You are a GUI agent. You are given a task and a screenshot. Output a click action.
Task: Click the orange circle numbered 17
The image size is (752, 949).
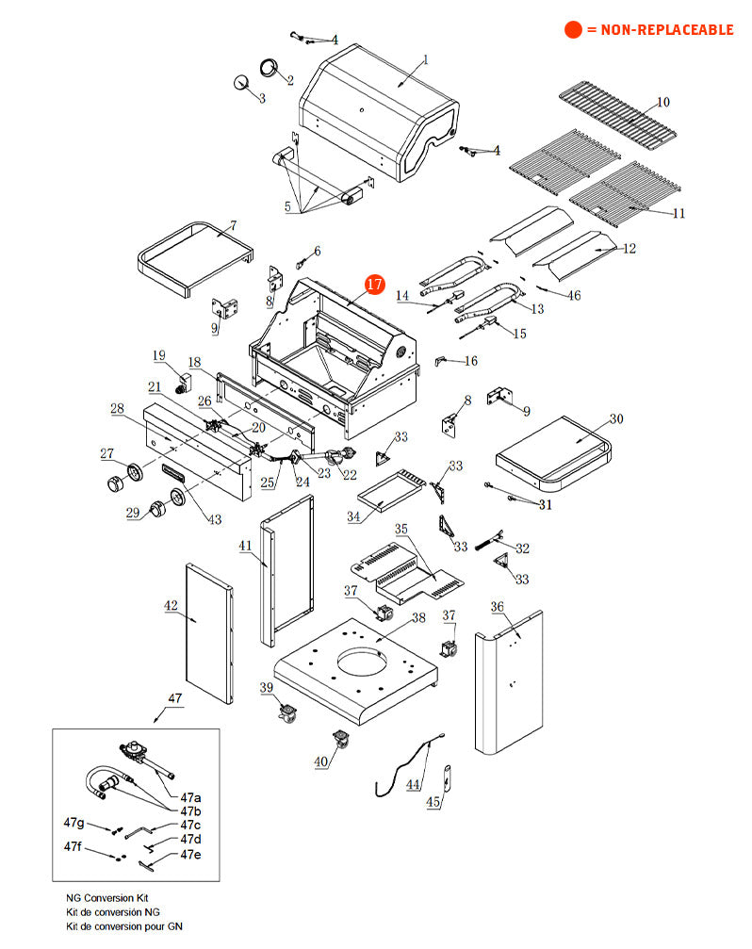pyautogui.click(x=375, y=284)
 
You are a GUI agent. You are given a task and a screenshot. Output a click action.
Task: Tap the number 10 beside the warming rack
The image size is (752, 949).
pyautogui.click(x=663, y=102)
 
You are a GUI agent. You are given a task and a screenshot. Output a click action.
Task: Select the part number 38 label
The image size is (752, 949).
pyautogui.click(x=418, y=618)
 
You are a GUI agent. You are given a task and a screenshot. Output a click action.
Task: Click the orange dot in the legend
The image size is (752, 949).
pyautogui.click(x=573, y=30)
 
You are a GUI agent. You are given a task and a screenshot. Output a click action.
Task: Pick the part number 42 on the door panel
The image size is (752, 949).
pyautogui.click(x=172, y=607)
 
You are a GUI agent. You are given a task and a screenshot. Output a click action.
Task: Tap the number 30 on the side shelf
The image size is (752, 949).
pyautogui.click(x=616, y=418)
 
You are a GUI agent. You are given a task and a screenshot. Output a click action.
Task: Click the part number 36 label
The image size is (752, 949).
pyautogui.click(x=498, y=607)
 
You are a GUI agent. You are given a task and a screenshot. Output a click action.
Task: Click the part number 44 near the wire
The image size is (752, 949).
pyautogui.click(x=413, y=783)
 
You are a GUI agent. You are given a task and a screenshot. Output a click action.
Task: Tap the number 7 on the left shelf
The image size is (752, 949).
pyautogui.click(x=233, y=225)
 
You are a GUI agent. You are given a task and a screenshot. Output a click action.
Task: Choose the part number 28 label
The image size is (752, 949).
pyautogui.click(x=118, y=409)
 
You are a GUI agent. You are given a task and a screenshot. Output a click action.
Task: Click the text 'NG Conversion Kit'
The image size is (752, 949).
pyautogui.click(x=106, y=899)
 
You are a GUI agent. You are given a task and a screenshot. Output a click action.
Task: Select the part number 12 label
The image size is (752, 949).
pyautogui.click(x=629, y=249)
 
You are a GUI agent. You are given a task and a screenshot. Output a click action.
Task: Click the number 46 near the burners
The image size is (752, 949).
pyautogui.click(x=573, y=296)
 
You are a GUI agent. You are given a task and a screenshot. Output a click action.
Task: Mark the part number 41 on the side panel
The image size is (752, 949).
pyautogui.click(x=245, y=546)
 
